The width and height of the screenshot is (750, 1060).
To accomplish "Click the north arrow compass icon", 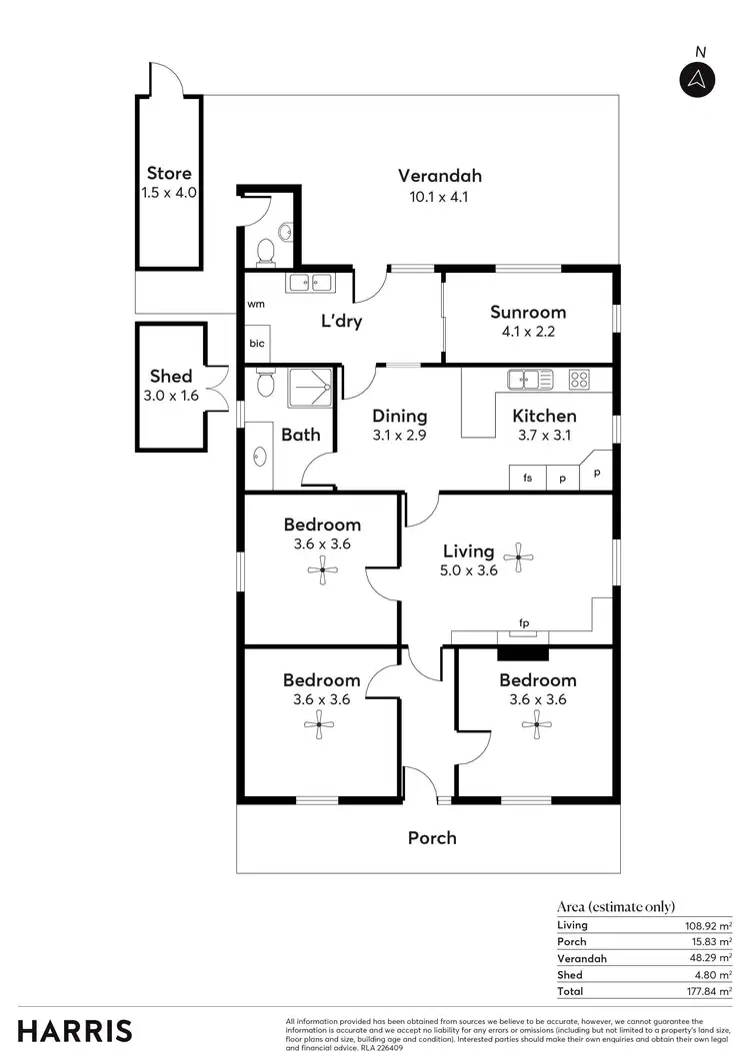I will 697,79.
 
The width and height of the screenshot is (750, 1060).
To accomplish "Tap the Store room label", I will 169,173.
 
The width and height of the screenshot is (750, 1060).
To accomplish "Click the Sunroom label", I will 529,312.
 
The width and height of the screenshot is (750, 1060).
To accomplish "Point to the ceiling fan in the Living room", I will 518,558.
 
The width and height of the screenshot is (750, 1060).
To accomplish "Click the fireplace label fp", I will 523,624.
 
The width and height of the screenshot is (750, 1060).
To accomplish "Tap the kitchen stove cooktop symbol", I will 579,380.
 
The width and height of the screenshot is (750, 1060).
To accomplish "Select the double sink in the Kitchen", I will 530,380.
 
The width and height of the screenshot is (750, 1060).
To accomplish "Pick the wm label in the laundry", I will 256,304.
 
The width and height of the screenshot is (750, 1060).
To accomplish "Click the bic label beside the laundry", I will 256,343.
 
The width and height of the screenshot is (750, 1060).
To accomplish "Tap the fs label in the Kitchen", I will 527,479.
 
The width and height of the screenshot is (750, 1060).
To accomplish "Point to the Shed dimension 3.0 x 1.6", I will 171,395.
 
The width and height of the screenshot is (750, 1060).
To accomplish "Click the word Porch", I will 432,837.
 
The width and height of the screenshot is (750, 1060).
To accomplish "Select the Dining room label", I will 400,417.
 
